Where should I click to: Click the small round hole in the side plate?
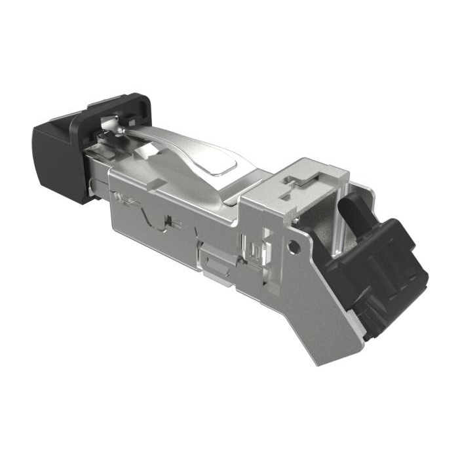point(295,246)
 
